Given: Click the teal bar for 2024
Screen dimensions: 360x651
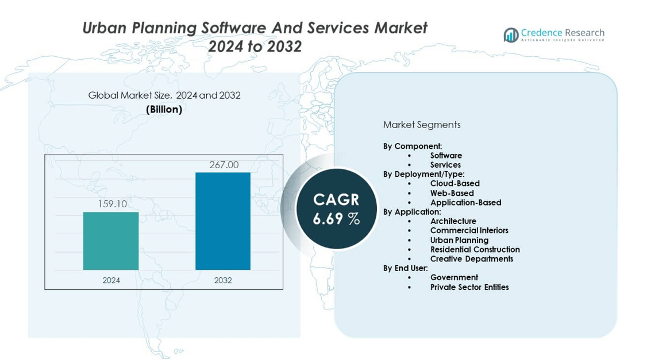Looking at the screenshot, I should tap(111, 241).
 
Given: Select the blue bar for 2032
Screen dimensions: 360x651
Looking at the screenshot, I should tap(223, 221).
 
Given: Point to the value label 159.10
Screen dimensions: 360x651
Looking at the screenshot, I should tap(112, 204).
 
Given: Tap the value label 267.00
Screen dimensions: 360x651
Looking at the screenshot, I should tap(224, 165).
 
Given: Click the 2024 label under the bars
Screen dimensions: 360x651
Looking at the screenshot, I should tap(111, 280).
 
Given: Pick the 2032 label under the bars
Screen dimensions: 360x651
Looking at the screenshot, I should tap(223, 280).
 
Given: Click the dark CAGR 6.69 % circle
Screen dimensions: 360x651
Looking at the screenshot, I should tap(336, 208).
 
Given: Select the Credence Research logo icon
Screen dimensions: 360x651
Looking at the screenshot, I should tap(511, 35).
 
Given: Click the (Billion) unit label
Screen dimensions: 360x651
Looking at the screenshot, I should tap(164, 109).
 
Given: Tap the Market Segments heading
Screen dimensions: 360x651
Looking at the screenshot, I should tap(422, 125).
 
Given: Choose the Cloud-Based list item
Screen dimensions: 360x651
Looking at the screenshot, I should tap(454, 184).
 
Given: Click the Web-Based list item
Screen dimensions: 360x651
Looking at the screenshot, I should tap(452, 193).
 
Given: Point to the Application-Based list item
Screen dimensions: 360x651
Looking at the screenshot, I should tap(465, 202).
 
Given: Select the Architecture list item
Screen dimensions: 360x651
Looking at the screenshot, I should tap(453, 221).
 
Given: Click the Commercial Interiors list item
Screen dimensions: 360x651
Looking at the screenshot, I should tap(469, 230).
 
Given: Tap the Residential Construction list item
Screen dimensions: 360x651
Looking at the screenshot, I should tap(475, 249).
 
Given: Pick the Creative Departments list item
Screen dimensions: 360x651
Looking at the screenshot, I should tap(471, 258).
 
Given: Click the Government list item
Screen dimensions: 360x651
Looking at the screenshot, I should tap(454, 277).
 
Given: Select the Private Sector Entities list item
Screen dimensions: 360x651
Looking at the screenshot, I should tap(469, 287).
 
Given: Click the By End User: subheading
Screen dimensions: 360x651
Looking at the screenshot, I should tap(405, 268).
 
